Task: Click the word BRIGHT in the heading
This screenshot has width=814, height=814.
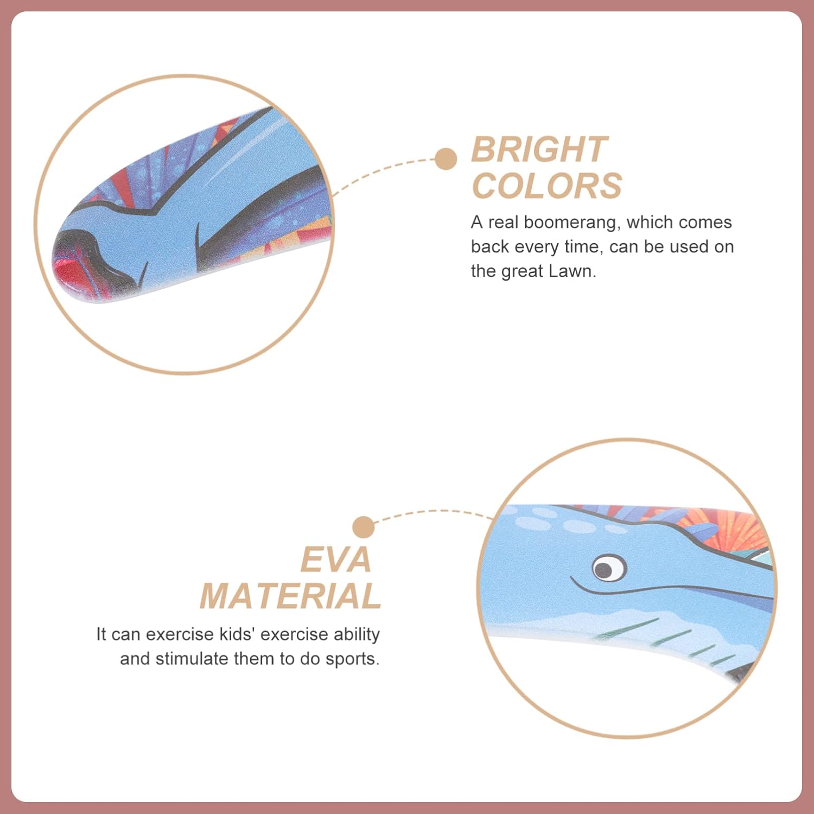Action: point(539,149)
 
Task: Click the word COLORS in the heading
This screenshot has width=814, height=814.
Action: point(547,186)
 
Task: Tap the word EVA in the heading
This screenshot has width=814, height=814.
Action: point(336,559)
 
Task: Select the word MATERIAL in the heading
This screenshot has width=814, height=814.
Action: point(291,596)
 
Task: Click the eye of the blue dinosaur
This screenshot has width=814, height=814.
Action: point(608,568)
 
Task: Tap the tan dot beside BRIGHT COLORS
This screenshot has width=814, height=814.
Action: point(446,159)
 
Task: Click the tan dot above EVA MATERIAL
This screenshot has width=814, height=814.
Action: point(363,527)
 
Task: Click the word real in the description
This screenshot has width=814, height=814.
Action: point(503,222)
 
